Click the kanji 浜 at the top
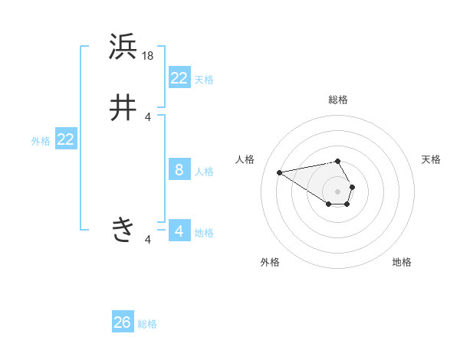pyautogui.click(x=123, y=48)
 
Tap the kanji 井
pyautogui.click(x=123, y=108)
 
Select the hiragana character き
pyautogui.click(x=123, y=229)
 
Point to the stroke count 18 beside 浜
pyautogui.click(x=149, y=56)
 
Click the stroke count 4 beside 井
pyautogui.click(x=148, y=116)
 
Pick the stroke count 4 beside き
pyautogui.click(x=148, y=241)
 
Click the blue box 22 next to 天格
pyautogui.click(x=179, y=78)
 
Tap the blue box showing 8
pyautogui.click(x=179, y=170)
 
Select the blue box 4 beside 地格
pyautogui.click(x=179, y=231)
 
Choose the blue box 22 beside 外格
pyautogui.click(x=65, y=139)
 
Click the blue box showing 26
pyautogui.click(x=123, y=322)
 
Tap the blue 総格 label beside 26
pyautogui.click(x=147, y=324)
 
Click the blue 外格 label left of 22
pyautogui.click(x=41, y=141)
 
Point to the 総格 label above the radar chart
pyautogui.click(x=337, y=100)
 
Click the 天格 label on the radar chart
pyautogui.click(x=431, y=159)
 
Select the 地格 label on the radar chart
pyautogui.click(x=402, y=262)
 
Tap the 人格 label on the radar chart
pyautogui.click(x=245, y=159)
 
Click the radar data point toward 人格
pyautogui.click(x=280, y=172)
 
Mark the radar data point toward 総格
pyautogui.click(x=337, y=161)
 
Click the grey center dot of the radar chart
pyautogui.click(x=337, y=191)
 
